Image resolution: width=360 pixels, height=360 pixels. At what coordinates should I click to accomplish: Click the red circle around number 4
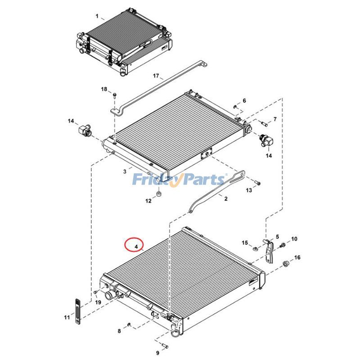134,245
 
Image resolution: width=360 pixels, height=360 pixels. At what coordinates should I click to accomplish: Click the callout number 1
97,16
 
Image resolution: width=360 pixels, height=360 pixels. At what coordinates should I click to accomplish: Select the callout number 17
156,76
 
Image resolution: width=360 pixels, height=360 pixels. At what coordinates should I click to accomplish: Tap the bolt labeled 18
114,95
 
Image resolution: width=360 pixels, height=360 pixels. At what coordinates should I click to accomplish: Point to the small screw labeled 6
235,107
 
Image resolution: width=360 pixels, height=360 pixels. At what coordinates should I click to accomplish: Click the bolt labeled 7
263,122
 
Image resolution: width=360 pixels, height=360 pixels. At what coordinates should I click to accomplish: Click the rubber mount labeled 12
158,194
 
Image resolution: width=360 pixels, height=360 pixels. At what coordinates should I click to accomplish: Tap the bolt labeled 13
257,183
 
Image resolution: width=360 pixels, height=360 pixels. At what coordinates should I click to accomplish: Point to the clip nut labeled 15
255,247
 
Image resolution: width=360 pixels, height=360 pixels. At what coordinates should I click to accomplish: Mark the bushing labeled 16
285,263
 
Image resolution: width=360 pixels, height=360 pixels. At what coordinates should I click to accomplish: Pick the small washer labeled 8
129,324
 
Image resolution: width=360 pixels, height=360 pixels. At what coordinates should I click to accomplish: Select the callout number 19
98,302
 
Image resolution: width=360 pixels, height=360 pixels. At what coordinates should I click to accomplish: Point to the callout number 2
226,198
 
